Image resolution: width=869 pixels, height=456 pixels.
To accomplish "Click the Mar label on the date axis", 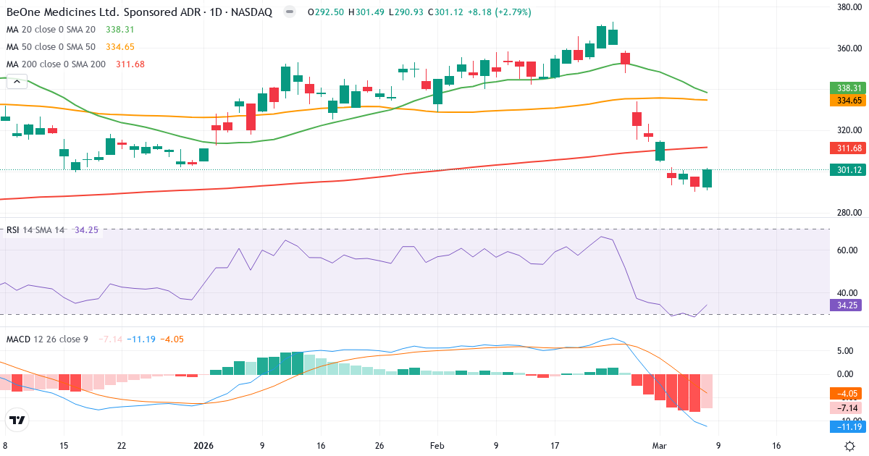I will pos(660,446).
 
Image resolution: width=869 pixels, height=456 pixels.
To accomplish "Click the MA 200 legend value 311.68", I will pos(130,64).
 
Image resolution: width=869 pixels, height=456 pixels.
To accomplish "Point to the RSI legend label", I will pos(13,230).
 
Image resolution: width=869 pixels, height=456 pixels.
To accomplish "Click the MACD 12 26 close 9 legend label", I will pos(47,339).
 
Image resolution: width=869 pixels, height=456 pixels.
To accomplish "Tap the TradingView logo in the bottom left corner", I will pos(17,420).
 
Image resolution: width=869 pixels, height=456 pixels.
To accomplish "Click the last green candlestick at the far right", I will pos(707,179).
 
